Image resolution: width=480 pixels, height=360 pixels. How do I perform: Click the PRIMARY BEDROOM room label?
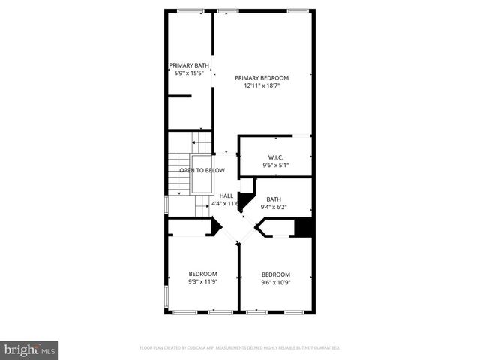261,77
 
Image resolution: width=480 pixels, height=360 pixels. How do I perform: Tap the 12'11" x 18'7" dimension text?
261,85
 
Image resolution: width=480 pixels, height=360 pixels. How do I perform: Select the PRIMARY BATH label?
188,65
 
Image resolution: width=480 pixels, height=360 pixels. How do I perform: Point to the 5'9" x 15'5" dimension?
188,73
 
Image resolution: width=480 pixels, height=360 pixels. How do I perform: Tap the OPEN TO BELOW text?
202,171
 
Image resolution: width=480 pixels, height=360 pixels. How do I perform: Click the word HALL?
226,196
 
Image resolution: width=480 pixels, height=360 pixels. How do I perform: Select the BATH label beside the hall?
273,199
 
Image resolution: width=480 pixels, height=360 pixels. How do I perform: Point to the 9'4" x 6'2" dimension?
273,207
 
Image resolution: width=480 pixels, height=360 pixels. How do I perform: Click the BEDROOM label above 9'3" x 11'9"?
202,274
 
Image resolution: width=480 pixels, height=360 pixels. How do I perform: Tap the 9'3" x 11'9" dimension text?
202,282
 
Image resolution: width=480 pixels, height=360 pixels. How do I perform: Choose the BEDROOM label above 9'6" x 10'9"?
275,274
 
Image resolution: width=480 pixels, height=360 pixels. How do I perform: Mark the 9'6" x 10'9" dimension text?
275,283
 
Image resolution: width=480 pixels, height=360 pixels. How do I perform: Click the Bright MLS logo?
30,349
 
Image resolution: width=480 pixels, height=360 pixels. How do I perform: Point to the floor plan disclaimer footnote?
240,348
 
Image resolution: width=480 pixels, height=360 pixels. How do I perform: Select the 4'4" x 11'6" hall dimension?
225,204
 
